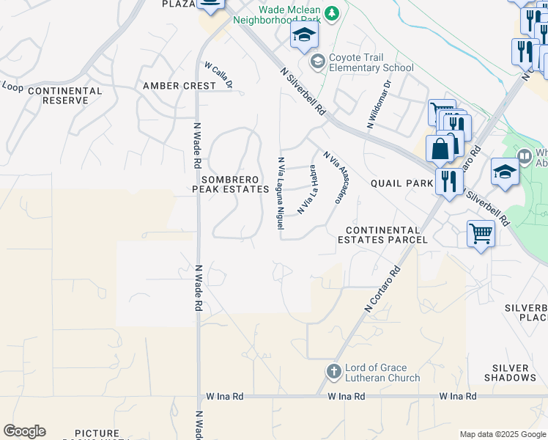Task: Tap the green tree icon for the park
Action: coord(332,12)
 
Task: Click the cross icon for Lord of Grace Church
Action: coord(333,370)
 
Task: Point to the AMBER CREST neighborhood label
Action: coord(179,86)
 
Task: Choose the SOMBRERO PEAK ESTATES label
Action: coord(230,184)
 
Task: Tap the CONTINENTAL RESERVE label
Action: coord(62,95)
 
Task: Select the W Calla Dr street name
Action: coord(218,76)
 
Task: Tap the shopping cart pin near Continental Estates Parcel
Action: coord(481,235)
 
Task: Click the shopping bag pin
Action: coord(440,149)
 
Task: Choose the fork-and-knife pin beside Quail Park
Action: coord(449,180)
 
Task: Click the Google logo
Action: coord(24,431)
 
